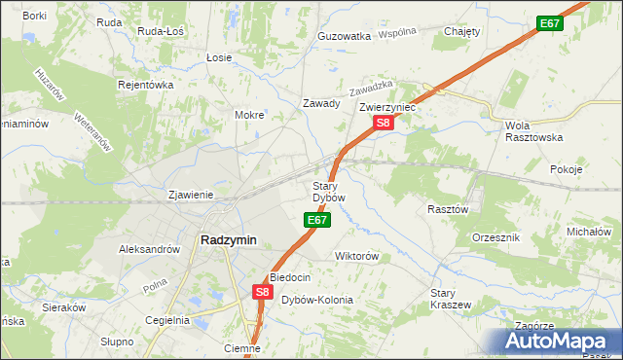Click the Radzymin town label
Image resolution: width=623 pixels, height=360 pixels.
click(228, 240)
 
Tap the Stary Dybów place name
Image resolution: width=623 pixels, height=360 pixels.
click(328, 192)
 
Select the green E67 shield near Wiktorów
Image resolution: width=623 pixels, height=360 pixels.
click(315, 221)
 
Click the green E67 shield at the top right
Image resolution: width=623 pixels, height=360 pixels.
click(549, 22)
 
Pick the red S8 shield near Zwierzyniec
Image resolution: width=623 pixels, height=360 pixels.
click(384, 123)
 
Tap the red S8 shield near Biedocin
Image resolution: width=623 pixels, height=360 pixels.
click(262, 291)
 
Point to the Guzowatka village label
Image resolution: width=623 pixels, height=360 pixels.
click(345, 36)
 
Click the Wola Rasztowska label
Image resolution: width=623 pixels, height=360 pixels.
click(534, 131)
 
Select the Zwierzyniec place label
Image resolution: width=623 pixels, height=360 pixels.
click(387, 107)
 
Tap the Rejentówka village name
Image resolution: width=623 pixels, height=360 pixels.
click(145, 85)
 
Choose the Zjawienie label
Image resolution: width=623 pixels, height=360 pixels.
click(191, 194)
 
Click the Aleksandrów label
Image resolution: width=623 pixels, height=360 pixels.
click(149, 249)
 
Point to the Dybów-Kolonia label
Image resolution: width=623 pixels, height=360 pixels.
click(317, 300)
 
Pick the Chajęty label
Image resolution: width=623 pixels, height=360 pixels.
click(462, 31)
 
